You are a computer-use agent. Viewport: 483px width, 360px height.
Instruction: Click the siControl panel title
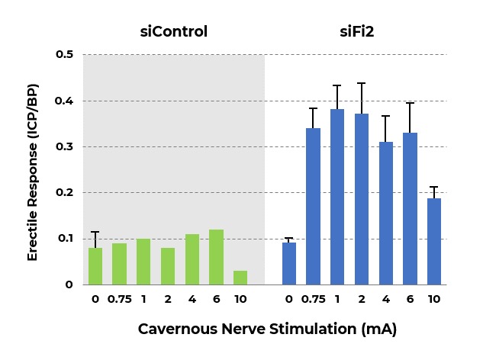click(173, 31)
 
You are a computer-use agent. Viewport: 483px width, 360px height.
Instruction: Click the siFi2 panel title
click(362, 31)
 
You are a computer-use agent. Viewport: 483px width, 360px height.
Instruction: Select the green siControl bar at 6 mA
click(216, 257)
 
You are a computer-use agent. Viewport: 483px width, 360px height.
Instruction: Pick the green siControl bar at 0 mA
click(95, 266)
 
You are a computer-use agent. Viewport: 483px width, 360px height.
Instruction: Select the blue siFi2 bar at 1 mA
click(337, 197)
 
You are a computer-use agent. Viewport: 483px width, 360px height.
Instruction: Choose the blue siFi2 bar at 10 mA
click(434, 241)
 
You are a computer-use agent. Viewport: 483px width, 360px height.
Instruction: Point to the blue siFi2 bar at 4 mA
click(386, 214)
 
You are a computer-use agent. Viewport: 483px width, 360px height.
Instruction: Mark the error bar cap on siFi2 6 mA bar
click(411, 103)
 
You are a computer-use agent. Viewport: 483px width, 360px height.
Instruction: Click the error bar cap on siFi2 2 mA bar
click(362, 83)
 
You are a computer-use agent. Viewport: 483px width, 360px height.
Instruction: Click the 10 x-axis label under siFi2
click(434, 299)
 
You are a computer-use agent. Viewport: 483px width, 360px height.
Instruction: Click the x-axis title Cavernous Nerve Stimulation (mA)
click(267, 329)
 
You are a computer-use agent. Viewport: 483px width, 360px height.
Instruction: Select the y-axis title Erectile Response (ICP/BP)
click(33, 169)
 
